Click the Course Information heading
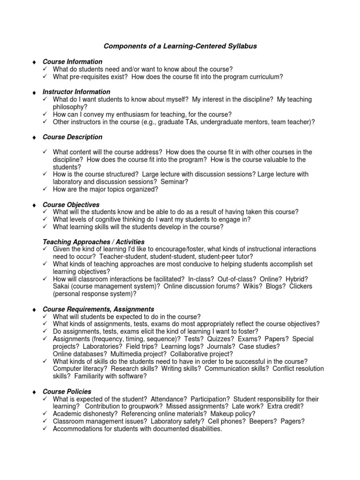click(72, 61)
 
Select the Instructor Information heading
click(76, 92)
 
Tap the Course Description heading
click(72, 137)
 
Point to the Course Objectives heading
click(71, 205)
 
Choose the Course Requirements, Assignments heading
click(98, 309)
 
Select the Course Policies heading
click(67, 391)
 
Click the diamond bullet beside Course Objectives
click(34, 205)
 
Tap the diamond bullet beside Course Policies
click(34, 392)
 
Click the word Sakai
click(61, 286)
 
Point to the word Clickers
click(300, 286)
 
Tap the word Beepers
click(263, 421)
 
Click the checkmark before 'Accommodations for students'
click(45, 429)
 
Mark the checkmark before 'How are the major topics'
click(45, 189)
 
